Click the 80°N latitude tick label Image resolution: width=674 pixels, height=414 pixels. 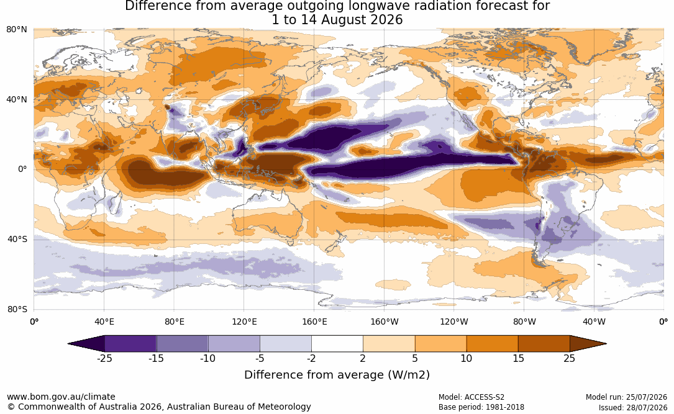[17, 30]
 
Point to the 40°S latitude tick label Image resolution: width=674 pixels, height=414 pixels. [17, 239]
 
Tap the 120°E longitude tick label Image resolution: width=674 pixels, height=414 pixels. [244, 322]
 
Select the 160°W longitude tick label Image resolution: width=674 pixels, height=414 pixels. [385, 322]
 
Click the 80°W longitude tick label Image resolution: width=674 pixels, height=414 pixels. [524, 322]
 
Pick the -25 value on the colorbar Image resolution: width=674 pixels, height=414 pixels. [104, 358]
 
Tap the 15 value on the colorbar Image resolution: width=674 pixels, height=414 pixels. [518, 358]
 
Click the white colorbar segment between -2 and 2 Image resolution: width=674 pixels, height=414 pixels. [337, 344]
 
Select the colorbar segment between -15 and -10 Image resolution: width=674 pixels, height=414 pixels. [182, 344]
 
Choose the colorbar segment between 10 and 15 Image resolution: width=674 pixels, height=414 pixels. [492, 344]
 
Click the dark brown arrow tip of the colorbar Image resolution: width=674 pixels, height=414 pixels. [606, 344]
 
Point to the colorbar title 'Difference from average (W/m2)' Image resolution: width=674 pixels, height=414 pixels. [337, 375]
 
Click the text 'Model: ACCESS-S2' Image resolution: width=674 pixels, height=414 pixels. [471, 397]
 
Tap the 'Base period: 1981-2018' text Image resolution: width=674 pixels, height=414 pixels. [481, 407]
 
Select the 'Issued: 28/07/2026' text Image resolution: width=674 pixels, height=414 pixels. [633, 407]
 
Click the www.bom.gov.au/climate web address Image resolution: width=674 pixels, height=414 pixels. [61, 397]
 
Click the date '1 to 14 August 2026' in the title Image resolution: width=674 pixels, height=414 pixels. [337, 20]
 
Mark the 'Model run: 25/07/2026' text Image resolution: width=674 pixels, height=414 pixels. [626, 397]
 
